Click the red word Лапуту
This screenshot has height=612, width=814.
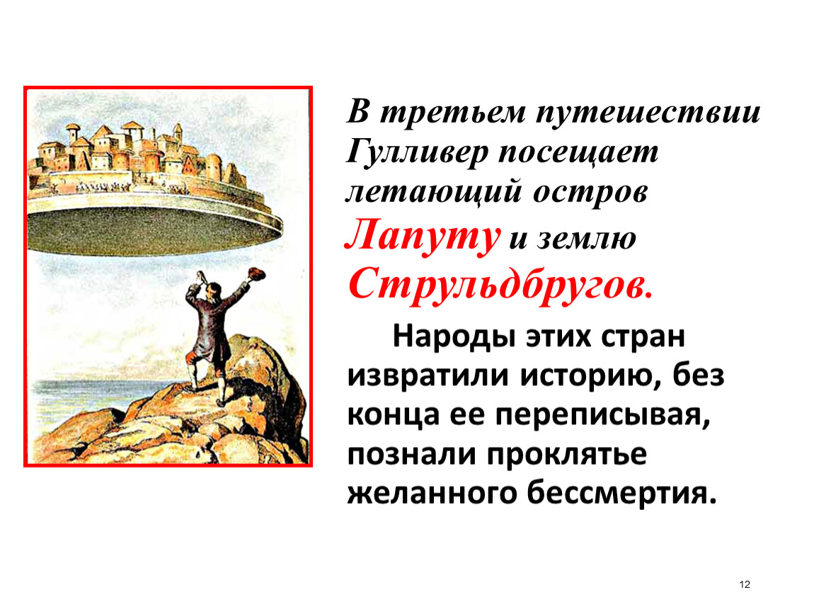(422, 237)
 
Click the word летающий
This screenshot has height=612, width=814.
(433, 192)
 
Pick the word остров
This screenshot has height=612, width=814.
(590, 192)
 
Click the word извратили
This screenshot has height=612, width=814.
(428, 375)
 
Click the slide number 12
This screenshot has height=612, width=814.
(745, 584)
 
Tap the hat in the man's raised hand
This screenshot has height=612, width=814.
(256, 274)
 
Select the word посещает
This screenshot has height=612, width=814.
(578, 153)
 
